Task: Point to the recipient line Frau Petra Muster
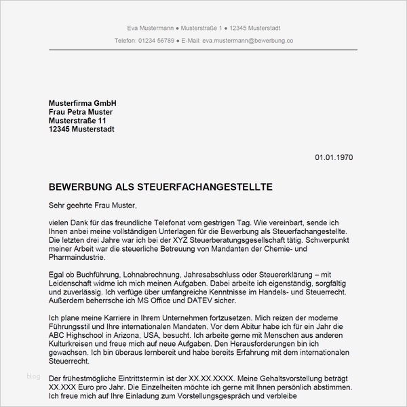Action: (81, 111)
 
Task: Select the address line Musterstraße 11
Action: (77, 120)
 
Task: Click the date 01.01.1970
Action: (334, 157)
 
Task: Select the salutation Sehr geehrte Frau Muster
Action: (93, 204)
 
